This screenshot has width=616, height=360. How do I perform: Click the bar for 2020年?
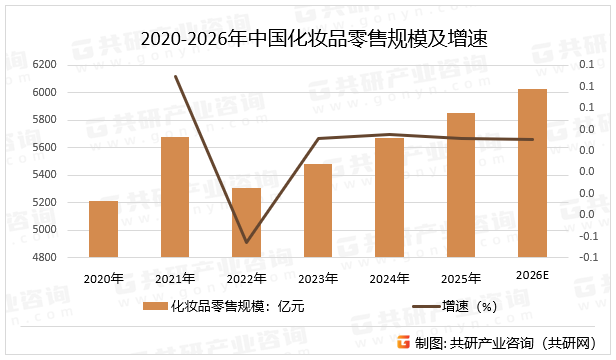103,229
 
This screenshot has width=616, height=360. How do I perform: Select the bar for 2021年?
175,197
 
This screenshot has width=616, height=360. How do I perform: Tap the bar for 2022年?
246,222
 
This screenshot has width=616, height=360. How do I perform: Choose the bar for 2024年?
389,197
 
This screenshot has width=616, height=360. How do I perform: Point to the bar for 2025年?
461,185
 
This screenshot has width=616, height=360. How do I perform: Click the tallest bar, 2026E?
532,173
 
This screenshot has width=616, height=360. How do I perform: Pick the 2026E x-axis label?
532,275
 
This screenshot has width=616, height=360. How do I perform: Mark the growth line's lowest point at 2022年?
246,242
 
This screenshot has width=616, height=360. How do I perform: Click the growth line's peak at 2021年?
176,76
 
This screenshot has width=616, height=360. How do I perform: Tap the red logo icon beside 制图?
404,342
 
